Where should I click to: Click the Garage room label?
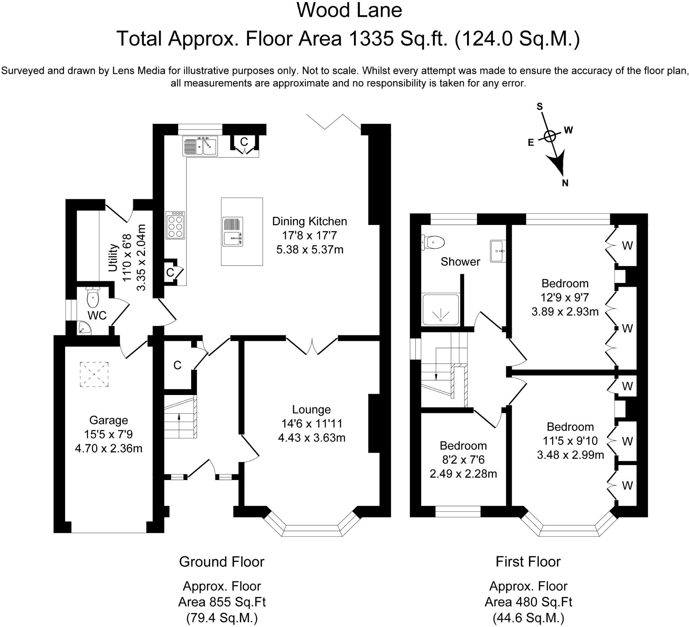coord(109,420)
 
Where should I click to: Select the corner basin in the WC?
coord(84,328)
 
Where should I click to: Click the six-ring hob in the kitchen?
coord(175,225)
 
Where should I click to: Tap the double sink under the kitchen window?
coord(200,146)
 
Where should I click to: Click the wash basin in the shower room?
coord(497,251)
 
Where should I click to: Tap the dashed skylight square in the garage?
coord(94,374)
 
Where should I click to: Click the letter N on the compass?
coord(565,183)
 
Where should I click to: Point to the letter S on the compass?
coord(540,106)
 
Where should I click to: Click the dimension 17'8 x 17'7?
coord(309,235)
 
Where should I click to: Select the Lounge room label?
coord(311,409)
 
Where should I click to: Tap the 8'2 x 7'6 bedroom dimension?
coord(463,460)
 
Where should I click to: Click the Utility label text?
coord(113,258)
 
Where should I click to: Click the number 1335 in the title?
coord(371,38)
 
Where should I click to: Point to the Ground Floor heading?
coord(222,562)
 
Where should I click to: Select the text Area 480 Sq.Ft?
coord(528,602)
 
